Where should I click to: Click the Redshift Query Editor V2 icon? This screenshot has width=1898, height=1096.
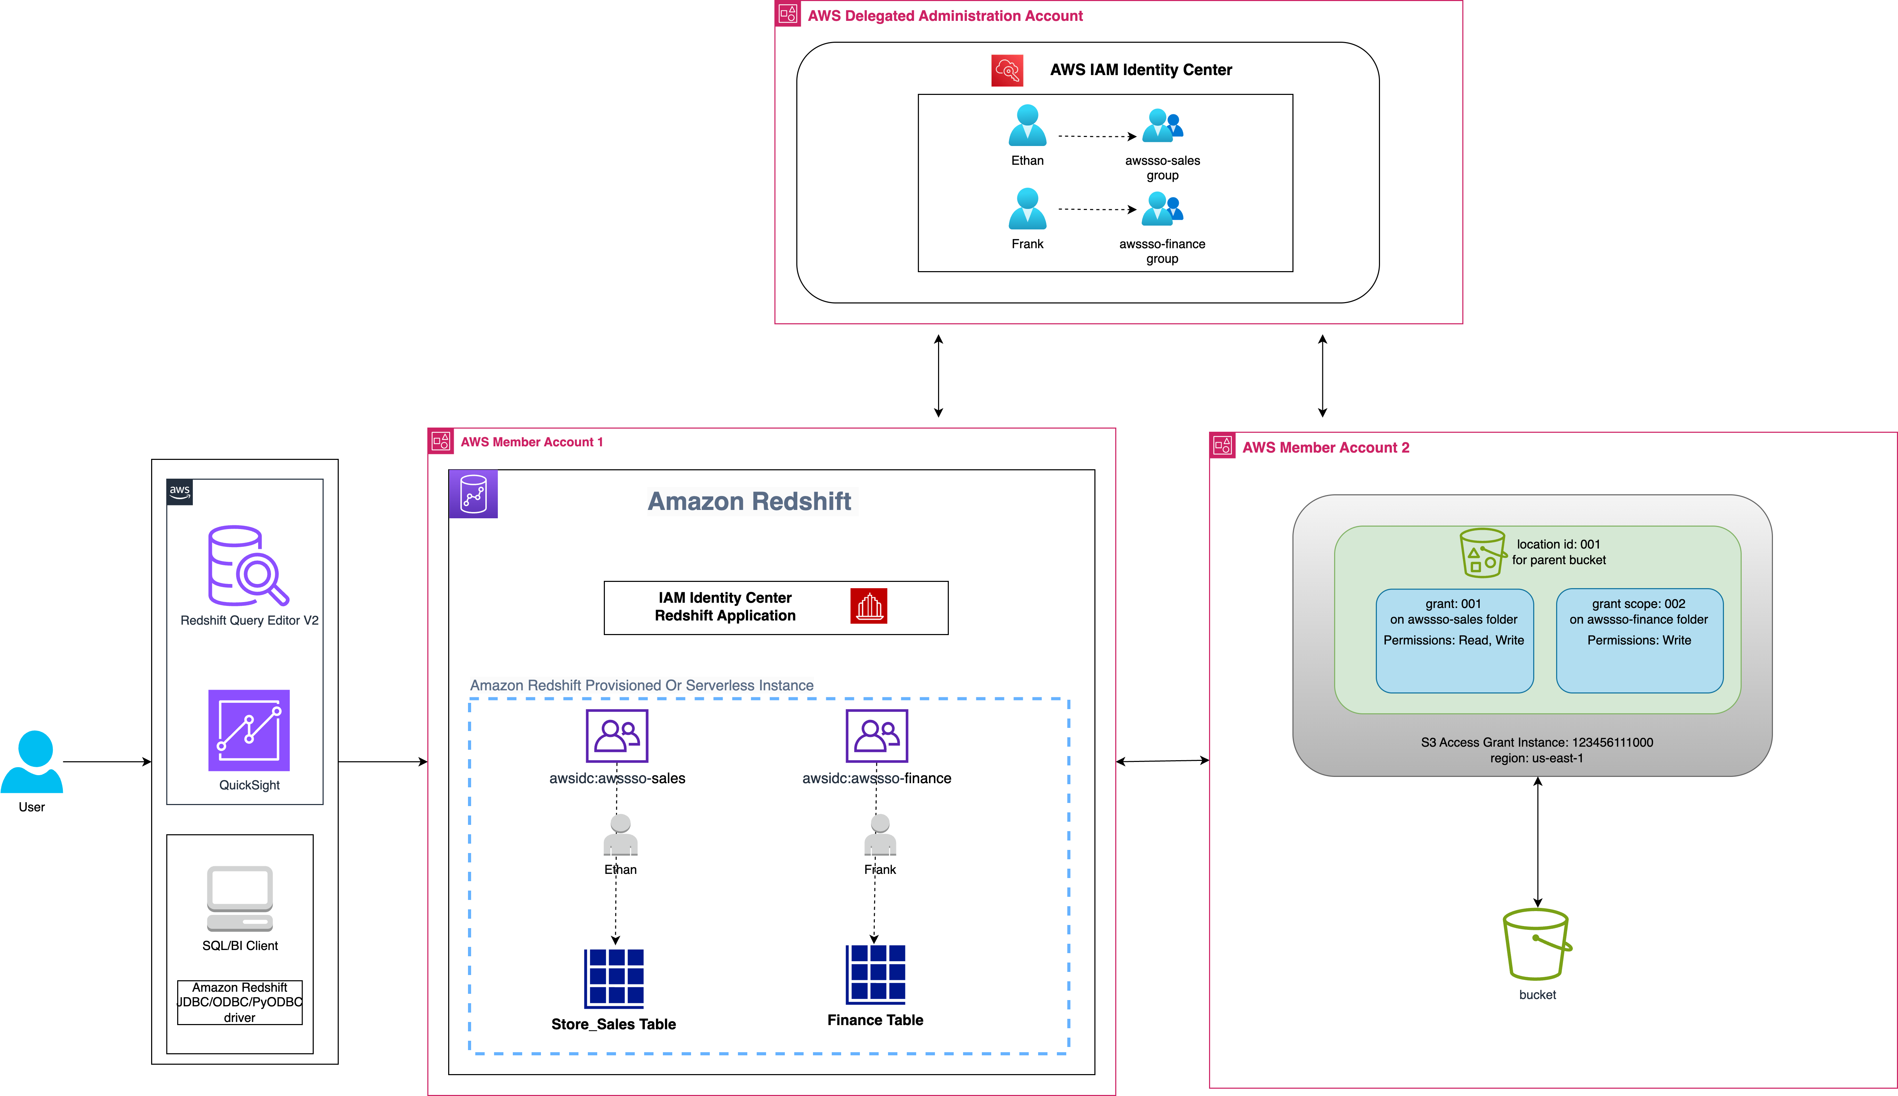[248, 566]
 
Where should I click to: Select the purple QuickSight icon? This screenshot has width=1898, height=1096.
[248, 730]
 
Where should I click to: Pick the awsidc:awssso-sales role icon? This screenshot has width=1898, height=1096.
[617, 736]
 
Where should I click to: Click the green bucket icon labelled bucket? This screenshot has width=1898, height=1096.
[1537, 945]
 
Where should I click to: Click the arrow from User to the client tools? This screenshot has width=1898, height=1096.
[107, 762]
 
